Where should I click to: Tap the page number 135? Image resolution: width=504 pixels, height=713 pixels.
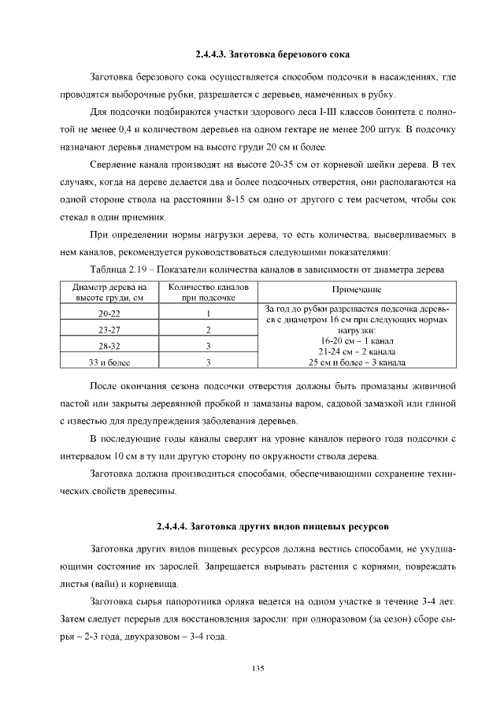(x=257, y=668)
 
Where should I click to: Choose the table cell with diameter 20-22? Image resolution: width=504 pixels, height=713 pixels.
(x=109, y=313)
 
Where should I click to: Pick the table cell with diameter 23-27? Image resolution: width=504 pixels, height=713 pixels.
(x=109, y=329)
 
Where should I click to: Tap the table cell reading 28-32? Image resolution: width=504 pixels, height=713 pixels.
(x=109, y=346)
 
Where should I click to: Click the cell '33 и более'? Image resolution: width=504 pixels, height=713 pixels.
(x=109, y=362)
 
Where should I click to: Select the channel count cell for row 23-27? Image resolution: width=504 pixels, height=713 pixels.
(x=208, y=329)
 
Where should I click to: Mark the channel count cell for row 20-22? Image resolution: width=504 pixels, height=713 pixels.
(x=208, y=313)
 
